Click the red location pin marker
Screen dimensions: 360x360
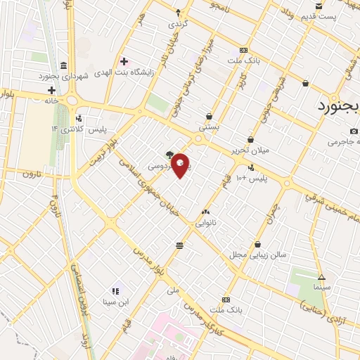[x=181, y=165]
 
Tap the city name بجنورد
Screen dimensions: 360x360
[x=333, y=107]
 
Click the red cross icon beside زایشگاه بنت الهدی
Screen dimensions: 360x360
[x=124, y=62]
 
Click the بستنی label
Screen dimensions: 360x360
[x=209, y=127]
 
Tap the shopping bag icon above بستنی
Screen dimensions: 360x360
[x=209, y=117]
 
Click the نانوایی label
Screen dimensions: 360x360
[x=205, y=222]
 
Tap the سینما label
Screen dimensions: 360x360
[x=321, y=288]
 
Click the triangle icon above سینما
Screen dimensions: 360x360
[x=321, y=277]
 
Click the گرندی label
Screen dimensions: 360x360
[x=176, y=23]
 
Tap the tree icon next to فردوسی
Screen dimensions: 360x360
[x=169, y=154]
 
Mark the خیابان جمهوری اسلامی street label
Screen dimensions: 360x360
[x=149, y=186]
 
